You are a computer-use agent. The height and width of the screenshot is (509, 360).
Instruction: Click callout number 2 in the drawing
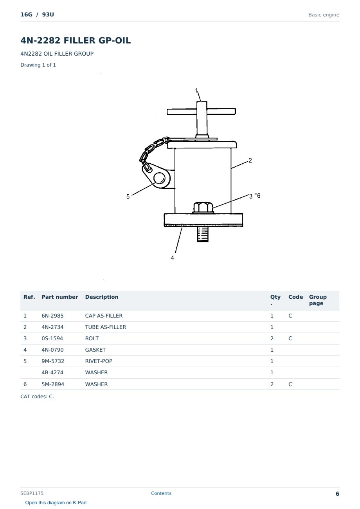point(250,161)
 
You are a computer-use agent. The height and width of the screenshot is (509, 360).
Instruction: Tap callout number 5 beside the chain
point(128,197)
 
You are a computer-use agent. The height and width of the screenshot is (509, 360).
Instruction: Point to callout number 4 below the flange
point(173,258)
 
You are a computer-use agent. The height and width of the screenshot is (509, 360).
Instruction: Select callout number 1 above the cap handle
point(197,90)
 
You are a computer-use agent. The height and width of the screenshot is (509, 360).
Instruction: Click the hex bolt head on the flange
point(203,207)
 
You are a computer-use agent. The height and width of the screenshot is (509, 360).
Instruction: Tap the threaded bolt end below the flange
point(203,234)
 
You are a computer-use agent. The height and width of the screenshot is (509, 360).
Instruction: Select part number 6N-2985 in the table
point(52,316)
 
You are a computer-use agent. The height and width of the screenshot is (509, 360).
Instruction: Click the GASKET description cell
point(95,350)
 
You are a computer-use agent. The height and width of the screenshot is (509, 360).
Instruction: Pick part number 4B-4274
point(52,372)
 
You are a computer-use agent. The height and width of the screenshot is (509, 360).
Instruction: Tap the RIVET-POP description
point(99,361)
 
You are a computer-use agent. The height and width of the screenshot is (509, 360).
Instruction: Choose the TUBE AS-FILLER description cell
point(106,327)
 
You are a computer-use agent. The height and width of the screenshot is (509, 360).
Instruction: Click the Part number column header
point(60,297)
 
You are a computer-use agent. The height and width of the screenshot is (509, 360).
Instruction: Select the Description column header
point(102,297)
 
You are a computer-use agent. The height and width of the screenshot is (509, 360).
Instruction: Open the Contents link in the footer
point(161,493)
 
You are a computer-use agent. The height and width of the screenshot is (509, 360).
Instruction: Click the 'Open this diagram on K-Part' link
point(56,503)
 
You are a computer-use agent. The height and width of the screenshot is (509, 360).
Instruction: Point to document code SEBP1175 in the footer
point(32,493)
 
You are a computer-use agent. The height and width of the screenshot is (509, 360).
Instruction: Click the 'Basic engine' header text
point(324,15)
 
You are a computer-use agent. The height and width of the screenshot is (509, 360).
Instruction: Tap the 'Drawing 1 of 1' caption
point(38,65)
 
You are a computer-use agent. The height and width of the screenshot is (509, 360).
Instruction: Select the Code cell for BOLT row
point(290,338)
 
